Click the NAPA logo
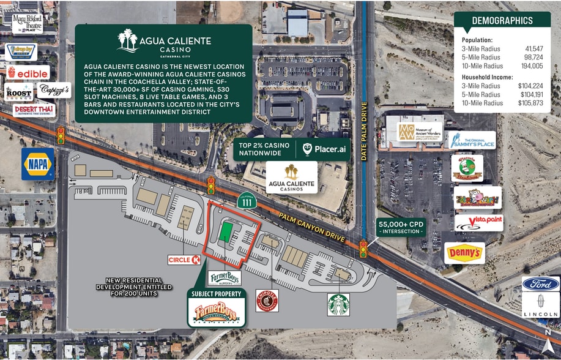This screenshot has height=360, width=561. tap(38, 164)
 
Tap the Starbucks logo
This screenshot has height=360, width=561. tap(338, 304)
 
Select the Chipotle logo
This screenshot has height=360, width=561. tap(267, 301)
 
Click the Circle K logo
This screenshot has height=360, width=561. tap(184, 260)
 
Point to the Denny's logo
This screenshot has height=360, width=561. tap(464, 253)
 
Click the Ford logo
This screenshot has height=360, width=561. tap(541, 283)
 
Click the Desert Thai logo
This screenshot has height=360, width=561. tap(34, 110)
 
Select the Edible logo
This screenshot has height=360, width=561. tap(28, 72)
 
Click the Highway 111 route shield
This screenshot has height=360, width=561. tap(246, 201)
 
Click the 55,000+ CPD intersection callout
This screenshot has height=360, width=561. tap(401, 227)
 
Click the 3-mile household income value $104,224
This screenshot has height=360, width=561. tap(528, 86)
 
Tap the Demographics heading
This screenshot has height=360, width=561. tap(502, 21)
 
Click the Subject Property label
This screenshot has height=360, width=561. tap(216, 294)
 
